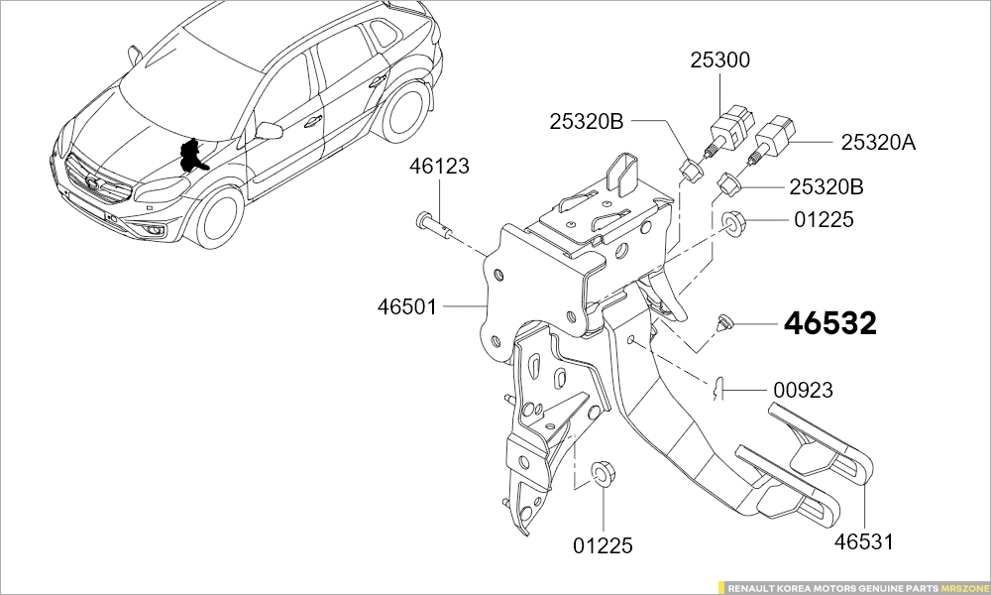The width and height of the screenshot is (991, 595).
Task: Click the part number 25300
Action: (719, 60)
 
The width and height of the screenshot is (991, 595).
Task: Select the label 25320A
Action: (878, 143)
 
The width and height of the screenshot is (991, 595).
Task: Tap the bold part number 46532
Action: (830, 323)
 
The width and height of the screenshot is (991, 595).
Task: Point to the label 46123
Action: (439, 167)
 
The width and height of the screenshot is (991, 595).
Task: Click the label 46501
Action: (406, 307)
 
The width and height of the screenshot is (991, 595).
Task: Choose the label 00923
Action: (803, 391)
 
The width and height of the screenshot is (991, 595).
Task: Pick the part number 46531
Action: (863, 542)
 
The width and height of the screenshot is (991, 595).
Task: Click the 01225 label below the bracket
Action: (603, 545)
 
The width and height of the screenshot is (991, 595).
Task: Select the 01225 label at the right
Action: (824, 219)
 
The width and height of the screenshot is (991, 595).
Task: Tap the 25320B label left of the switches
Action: (587, 122)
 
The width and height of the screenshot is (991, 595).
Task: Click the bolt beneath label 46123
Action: (432, 223)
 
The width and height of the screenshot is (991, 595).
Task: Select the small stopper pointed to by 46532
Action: (724, 322)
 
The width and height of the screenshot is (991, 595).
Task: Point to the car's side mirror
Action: (269, 130)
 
